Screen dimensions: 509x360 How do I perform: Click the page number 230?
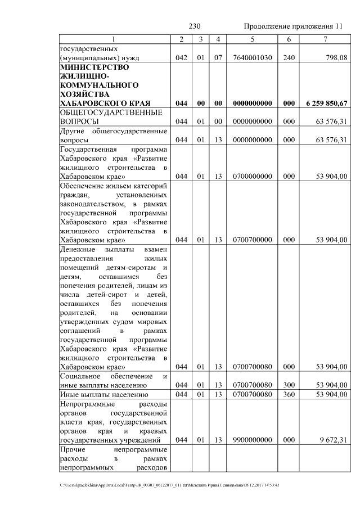point(195,26)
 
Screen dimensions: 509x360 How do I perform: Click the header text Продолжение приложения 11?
point(292,26)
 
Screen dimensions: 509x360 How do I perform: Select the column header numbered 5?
point(252,39)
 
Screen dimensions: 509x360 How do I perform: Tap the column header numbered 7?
point(325,39)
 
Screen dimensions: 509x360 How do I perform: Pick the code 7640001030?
point(252,57)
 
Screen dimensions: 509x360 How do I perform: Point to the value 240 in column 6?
point(289,57)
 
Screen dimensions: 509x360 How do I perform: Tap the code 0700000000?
point(252,177)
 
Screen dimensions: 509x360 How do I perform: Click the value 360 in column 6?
point(289,394)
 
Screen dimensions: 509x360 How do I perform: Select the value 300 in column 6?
point(289,385)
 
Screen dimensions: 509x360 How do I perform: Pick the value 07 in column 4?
point(218,57)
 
